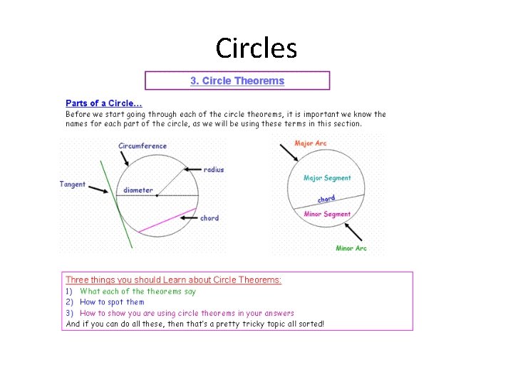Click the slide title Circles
256,48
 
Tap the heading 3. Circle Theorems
237,81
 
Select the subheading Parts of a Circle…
105,103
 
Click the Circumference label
142,146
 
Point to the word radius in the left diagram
214,170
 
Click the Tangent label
73,184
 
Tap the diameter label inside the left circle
138,190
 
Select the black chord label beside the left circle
209,218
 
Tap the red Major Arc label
311,143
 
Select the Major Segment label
327,178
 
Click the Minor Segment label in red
327,214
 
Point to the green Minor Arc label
351,248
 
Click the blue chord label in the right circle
326,199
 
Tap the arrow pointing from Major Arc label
303,156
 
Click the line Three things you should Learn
174,279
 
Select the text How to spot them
112,302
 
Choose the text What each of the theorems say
138,291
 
